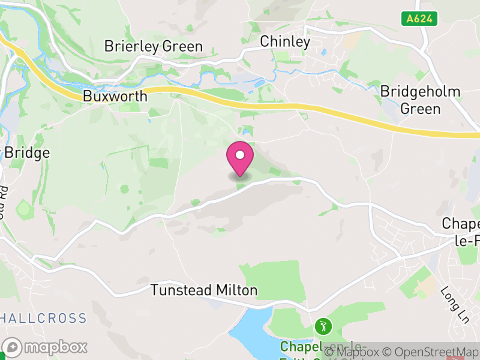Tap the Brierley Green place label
154,46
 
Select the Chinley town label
285,41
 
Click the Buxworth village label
115,96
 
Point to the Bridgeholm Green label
421,100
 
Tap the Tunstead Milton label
204,290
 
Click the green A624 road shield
419,19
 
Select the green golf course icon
323,327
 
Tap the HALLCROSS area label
43,318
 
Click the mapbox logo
45,347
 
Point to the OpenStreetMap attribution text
431,352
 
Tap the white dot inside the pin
240,155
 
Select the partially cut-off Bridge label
26,153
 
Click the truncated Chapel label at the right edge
461,231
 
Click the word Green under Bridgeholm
421,109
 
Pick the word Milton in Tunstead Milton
236,290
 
